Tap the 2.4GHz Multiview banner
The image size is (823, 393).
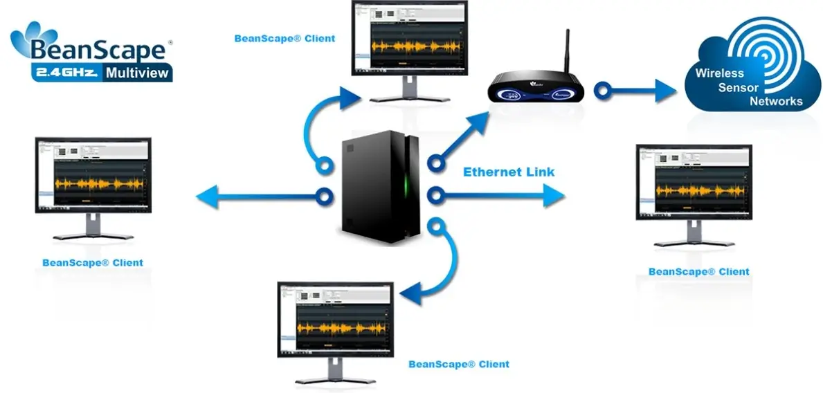[x=103, y=72]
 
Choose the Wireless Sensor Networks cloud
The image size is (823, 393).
[x=751, y=73]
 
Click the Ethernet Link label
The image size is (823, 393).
[x=509, y=172]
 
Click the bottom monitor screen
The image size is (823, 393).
[x=335, y=318]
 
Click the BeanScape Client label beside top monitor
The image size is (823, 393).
[x=284, y=38]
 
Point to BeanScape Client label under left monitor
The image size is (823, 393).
[x=93, y=262]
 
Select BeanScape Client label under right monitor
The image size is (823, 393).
[x=698, y=271]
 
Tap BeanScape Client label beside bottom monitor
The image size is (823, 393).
[x=459, y=363]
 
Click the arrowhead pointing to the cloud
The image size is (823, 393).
[x=665, y=90]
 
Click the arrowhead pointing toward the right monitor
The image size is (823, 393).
[x=554, y=196]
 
